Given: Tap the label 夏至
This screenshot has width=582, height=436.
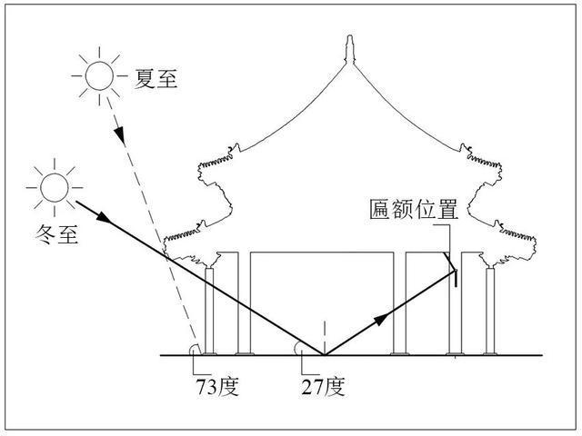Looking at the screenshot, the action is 156,78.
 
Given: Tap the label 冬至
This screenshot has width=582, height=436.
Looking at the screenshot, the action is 56,234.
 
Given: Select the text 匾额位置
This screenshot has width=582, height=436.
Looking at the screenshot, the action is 414,210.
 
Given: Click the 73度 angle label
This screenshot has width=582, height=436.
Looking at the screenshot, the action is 217,387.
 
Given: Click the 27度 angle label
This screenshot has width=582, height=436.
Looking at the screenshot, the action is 324,387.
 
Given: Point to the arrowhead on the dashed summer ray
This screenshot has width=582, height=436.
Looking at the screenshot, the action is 120,135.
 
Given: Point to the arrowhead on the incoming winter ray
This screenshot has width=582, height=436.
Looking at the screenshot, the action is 104,218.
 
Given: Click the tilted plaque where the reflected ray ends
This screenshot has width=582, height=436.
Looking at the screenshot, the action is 450,263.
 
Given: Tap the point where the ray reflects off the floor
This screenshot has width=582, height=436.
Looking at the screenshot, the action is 325,355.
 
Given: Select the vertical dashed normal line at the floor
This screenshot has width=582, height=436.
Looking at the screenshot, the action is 325,338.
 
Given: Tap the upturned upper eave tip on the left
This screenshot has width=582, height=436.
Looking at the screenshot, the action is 235,147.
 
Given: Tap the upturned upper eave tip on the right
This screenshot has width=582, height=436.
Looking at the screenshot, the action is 465,147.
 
